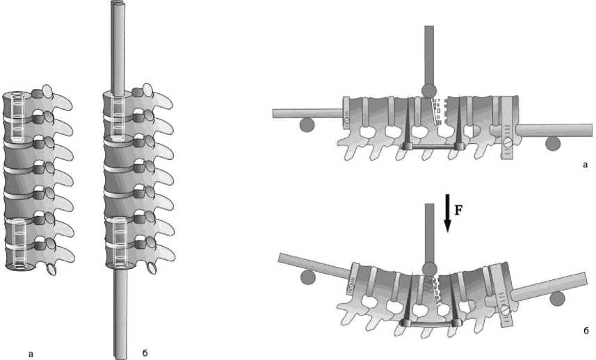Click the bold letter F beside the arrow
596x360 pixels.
pyautogui.click(x=458, y=210)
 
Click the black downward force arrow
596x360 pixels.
pyautogui.click(x=448, y=213)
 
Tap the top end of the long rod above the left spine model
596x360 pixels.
pyautogui.click(x=118, y=3)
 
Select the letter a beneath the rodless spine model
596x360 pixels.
pyautogui.click(x=31, y=354)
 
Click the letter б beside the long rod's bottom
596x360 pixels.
pyautogui.click(x=145, y=353)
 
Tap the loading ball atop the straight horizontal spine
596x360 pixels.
pyautogui.click(x=429, y=91)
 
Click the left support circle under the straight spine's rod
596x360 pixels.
pyautogui.click(x=307, y=125)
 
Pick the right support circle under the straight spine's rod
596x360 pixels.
pyautogui.click(x=553, y=144)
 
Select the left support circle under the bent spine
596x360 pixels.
pyautogui.click(x=307, y=277)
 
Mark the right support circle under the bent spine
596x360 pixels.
pyautogui.click(x=557, y=299)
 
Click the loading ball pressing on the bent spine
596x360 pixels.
pyautogui.click(x=430, y=269)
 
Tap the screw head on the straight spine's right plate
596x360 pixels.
pyautogui.click(x=508, y=143)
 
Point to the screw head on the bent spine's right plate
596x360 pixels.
pyautogui.click(x=505, y=310)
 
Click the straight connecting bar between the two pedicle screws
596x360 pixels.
pyautogui.click(x=433, y=147)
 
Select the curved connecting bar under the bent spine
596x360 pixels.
pyautogui.click(x=431, y=325)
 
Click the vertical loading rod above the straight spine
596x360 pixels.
pyautogui.click(x=429, y=55)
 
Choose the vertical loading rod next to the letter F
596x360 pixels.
pyautogui.click(x=430, y=233)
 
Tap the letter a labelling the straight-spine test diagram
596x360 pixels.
pyautogui.click(x=586, y=165)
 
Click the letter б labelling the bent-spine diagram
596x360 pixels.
pyautogui.click(x=586, y=330)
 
